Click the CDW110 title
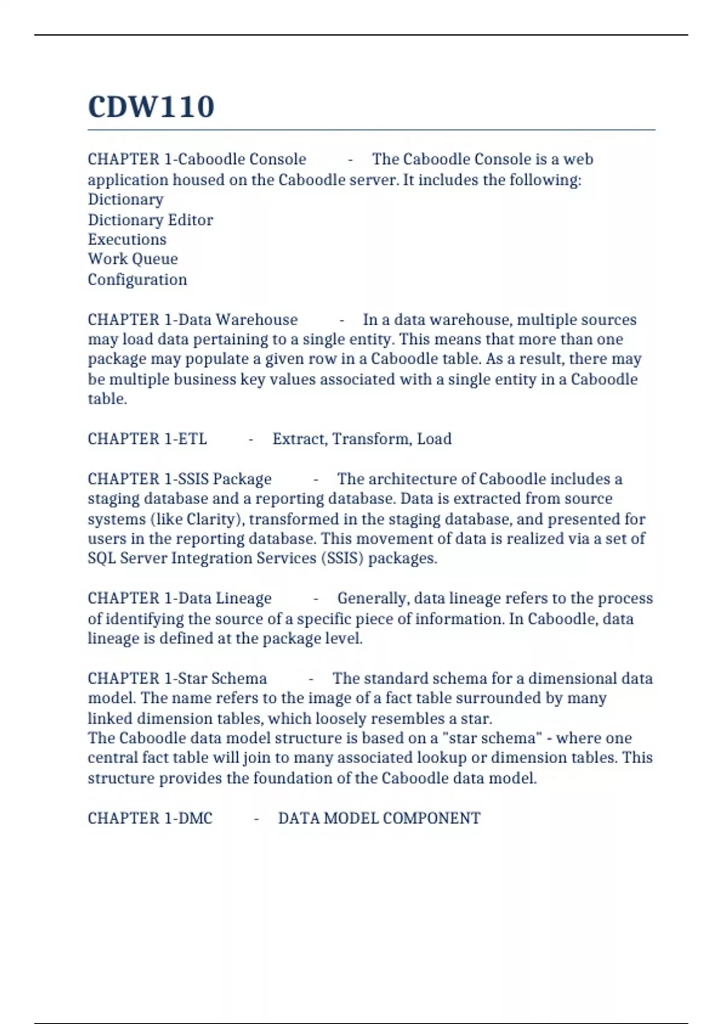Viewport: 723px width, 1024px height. click(151, 107)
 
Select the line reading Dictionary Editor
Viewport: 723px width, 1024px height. click(150, 220)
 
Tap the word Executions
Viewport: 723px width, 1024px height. click(127, 240)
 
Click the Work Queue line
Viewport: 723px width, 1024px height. click(133, 259)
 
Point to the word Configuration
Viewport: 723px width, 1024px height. click(137, 279)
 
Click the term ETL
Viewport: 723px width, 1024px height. click(193, 439)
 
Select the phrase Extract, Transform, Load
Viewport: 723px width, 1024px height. click(361, 439)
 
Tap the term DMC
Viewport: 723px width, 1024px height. click(196, 819)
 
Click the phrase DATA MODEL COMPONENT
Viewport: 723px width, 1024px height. click(379, 819)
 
